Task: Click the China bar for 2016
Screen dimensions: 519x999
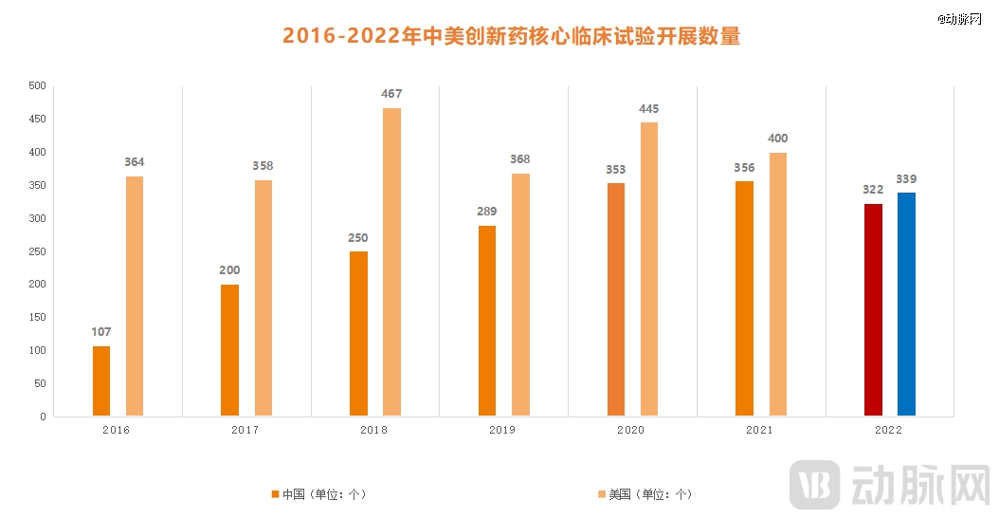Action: pyautogui.click(x=101, y=381)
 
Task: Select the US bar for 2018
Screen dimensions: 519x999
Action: pyautogui.click(x=391, y=262)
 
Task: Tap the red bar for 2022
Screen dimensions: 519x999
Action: pyautogui.click(x=873, y=310)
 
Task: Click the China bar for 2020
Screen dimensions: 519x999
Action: pyautogui.click(x=615, y=300)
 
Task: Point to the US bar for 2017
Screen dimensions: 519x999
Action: pyautogui.click(x=263, y=298)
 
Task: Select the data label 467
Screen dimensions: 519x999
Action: pyautogui.click(x=391, y=94)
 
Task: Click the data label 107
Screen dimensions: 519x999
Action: pyautogui.click(x=101, y=332)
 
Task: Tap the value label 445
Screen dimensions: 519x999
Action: pyautogui.click(x=649, y=109)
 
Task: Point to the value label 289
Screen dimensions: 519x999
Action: pyautogui.click(x=486, y=212)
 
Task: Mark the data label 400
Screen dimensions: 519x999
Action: pyautogui.click(x=777, y=139)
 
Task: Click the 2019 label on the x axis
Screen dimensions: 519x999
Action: pyautogui.click(x=501, y=430)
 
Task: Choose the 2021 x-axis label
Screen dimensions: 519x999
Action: pyautogui.click(x=758, y=430)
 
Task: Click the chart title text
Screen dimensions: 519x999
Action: pyautogui.click(x=511, y=37)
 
